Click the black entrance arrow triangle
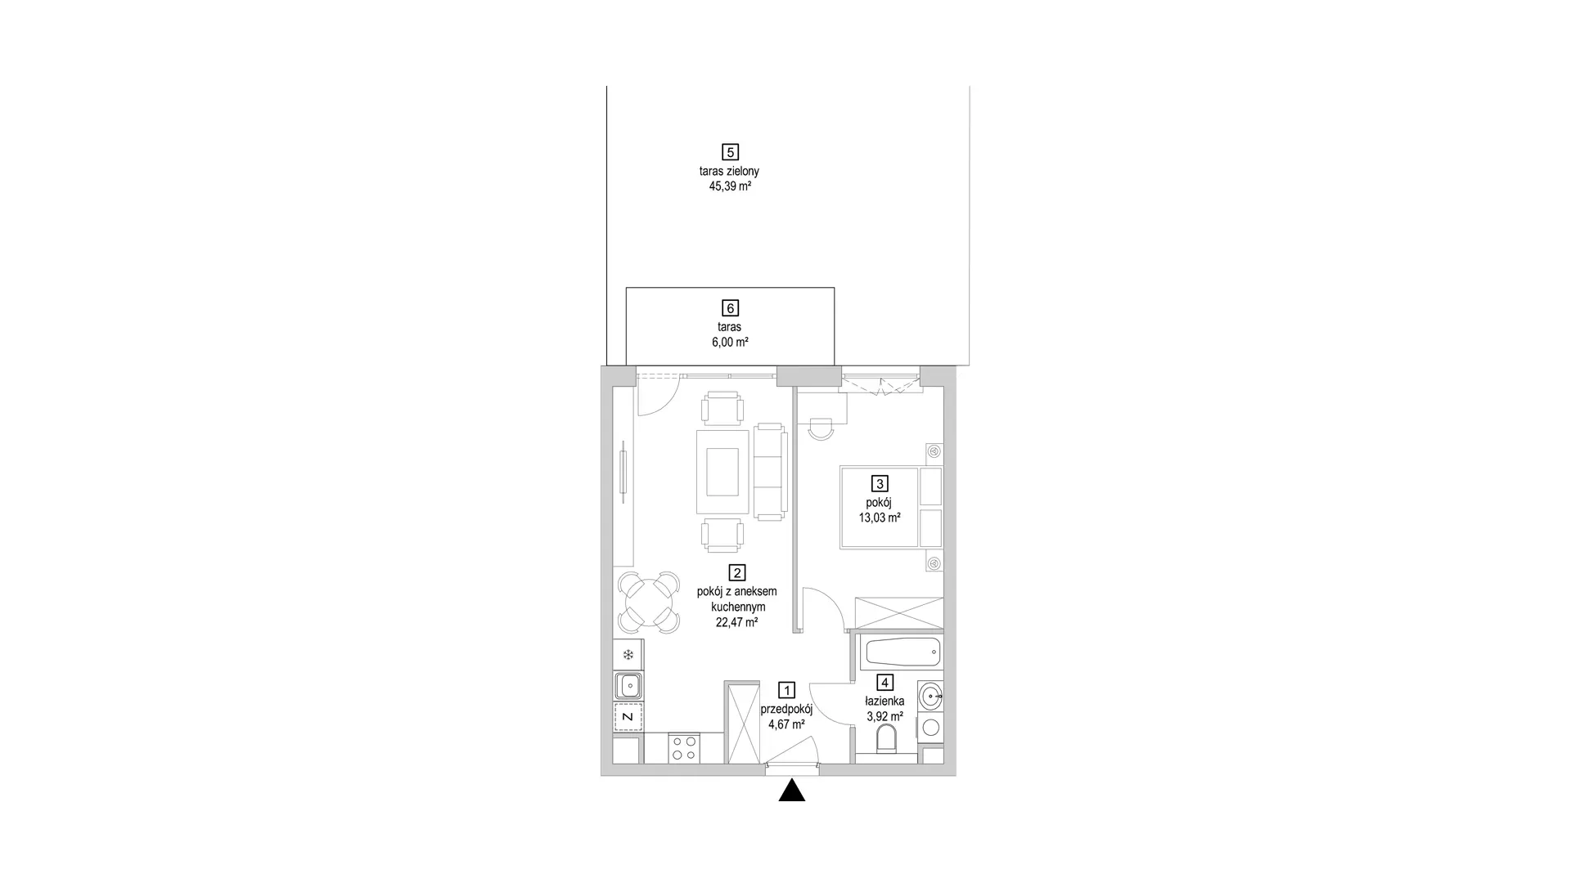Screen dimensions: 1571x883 [x=791, y=791]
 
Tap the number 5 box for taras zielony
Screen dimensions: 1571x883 [x=730, y=152]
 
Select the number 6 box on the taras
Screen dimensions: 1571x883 [x=730, y=308]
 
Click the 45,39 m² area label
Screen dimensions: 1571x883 [x=730, y=186]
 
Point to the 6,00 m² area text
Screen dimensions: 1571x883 [x=730, y=343]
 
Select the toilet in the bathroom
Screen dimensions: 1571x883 [x=886, y=741]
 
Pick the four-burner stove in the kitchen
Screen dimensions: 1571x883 [x=684, y=748]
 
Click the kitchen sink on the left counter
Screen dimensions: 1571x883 [x=628, y=685]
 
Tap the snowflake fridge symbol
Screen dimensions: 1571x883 [x=628, y=655]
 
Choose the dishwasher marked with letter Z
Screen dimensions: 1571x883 [x=628, y=716]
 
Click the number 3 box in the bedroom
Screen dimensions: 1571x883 [x=880, y=484]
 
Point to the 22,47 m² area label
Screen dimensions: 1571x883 [x=736, y=622]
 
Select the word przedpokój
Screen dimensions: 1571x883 [x=786, y=710]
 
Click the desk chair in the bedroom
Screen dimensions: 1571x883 [x=821, y=428]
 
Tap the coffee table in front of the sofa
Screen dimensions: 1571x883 [x=722, y=473]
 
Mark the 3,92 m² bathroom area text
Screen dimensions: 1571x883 [x=885, y=717]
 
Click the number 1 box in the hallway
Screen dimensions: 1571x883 [x=786, y=691]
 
